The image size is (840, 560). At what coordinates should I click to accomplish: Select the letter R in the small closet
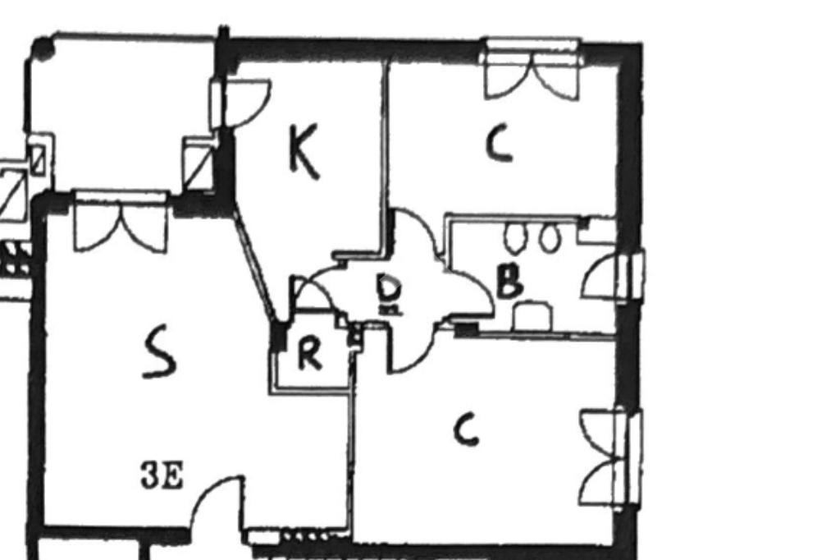point(308,355)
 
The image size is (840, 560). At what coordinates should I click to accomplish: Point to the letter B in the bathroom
point(510,282)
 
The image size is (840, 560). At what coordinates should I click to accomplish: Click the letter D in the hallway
point(389,290)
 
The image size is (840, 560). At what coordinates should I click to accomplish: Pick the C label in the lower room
point(466,429)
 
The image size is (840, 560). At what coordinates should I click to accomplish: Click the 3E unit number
point(162,475)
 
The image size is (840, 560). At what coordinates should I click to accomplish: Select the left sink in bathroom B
point(515,238)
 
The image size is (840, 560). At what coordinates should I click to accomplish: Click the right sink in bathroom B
point(549,238)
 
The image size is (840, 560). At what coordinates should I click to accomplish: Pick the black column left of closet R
point(279,335)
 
